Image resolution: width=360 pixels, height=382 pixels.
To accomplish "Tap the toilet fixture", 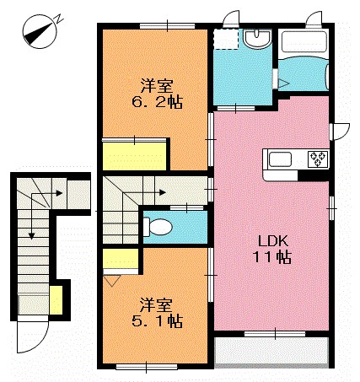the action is [x=158, y=226].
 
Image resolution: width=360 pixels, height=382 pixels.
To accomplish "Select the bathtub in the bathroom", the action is [x=304, y=41].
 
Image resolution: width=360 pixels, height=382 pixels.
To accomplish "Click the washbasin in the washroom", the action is [x=257, y=39].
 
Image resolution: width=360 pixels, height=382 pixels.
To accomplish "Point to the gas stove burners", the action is [x=318, y=159].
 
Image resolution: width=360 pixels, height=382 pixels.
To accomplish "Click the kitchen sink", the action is [x=280, y=159].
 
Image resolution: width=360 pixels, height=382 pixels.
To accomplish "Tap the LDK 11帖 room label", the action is [x=272, y=249].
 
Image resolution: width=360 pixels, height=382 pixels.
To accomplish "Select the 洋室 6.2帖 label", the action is [x=157, y=94].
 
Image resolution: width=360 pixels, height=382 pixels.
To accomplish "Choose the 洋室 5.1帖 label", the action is [x=157, y=314].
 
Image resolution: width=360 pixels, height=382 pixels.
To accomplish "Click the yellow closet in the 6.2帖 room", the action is [x=135, y=156].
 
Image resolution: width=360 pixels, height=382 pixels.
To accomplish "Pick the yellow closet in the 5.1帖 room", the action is [x=121, y=259].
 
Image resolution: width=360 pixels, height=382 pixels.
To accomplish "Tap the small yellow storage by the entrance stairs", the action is [x=56, y=300].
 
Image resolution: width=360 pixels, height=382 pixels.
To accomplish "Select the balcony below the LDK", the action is [x=271, y=352].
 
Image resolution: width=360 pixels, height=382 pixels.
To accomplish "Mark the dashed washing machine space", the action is [x=226, y=39].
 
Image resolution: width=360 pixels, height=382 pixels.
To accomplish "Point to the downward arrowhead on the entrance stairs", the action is [x=31, y=236].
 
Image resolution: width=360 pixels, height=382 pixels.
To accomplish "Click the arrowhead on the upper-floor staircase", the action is [x=163, y=193].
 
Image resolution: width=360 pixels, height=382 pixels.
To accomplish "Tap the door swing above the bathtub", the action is [x=314, y=19].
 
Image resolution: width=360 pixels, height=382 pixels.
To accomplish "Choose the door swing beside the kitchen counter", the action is [x=341, y=132].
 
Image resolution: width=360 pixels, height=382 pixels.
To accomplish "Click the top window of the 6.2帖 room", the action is [x=168, y=26].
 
